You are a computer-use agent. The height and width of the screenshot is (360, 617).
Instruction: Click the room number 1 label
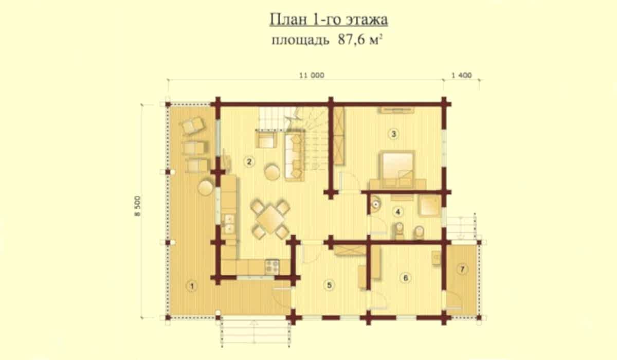click(x=192, y=286)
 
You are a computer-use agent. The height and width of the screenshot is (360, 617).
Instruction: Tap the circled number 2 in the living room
click(x=249, y=161)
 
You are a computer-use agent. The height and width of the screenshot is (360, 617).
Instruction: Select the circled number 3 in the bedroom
click(x=393, y=134)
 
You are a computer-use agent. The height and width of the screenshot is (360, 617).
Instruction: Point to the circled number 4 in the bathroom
click(x=397, y=211)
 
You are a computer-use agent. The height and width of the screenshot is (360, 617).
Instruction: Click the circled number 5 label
click(x=329, y=285)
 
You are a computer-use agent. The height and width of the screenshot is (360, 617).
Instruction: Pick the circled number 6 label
click(x=405, y=278)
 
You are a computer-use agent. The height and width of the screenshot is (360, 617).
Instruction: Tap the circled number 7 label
click(x=462, y=269)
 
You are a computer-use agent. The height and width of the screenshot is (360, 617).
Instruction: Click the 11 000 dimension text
click(x=312, y=75)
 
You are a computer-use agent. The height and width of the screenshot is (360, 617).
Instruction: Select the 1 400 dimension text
click(x=462, y=75)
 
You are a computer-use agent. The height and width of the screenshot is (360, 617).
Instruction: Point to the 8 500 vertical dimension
click(x=137, y=206)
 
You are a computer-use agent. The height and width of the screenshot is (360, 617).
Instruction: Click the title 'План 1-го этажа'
click(x=329, y=20)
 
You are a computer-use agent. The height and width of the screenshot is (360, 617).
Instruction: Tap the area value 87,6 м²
click(x=360, y=40)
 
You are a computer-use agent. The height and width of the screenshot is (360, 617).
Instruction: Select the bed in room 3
click(x=398, y=168)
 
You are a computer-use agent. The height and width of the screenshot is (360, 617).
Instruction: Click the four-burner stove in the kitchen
click(x=272, y=266)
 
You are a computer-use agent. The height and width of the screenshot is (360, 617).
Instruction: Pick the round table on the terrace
click(x=206, y=187)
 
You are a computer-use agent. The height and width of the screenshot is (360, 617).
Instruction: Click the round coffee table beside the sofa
click(x=272, y=172)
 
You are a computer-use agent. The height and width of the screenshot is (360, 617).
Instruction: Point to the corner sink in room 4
click(x=376, y=204)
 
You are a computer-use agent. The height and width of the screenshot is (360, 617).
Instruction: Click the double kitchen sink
click(x=229, y=224)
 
